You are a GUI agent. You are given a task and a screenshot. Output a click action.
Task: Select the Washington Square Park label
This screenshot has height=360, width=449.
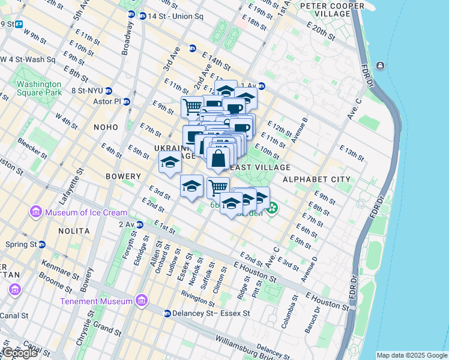[39, 89]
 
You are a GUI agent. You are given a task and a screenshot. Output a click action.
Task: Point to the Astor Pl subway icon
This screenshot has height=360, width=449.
[127, 101]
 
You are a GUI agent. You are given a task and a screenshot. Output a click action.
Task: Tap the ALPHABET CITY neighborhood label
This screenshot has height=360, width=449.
[316, 179]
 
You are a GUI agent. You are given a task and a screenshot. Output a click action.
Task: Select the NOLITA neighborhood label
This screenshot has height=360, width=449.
[75, 230]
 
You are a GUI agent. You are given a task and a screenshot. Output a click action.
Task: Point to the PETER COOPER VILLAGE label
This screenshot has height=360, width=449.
[332, 10]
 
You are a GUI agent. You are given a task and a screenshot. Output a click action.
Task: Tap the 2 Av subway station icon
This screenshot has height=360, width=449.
[140, 224]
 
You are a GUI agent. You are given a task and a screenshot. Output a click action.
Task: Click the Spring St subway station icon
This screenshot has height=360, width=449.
[42, 244]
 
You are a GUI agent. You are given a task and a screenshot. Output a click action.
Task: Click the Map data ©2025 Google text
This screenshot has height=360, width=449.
[411, 355]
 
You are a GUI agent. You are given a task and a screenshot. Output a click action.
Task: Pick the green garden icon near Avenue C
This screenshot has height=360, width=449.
[273, 209]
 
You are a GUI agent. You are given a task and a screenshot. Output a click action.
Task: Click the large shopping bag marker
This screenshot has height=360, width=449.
[218, 159]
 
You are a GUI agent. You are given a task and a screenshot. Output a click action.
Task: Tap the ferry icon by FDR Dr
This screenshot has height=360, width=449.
[380, 65]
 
